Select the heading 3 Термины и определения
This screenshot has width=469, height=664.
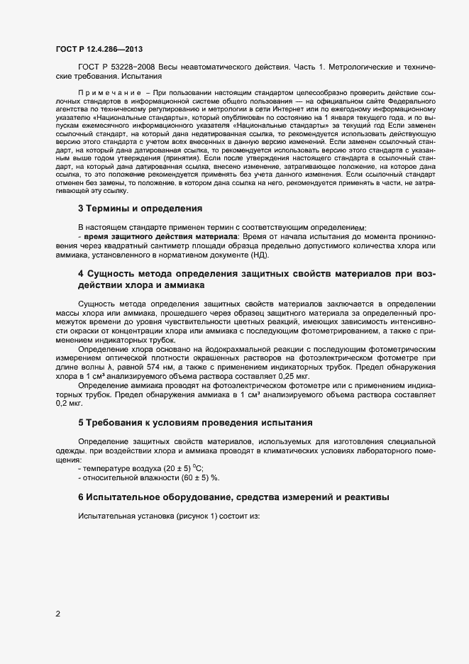140,208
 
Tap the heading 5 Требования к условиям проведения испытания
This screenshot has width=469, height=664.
195,422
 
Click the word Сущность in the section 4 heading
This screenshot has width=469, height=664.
111,273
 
